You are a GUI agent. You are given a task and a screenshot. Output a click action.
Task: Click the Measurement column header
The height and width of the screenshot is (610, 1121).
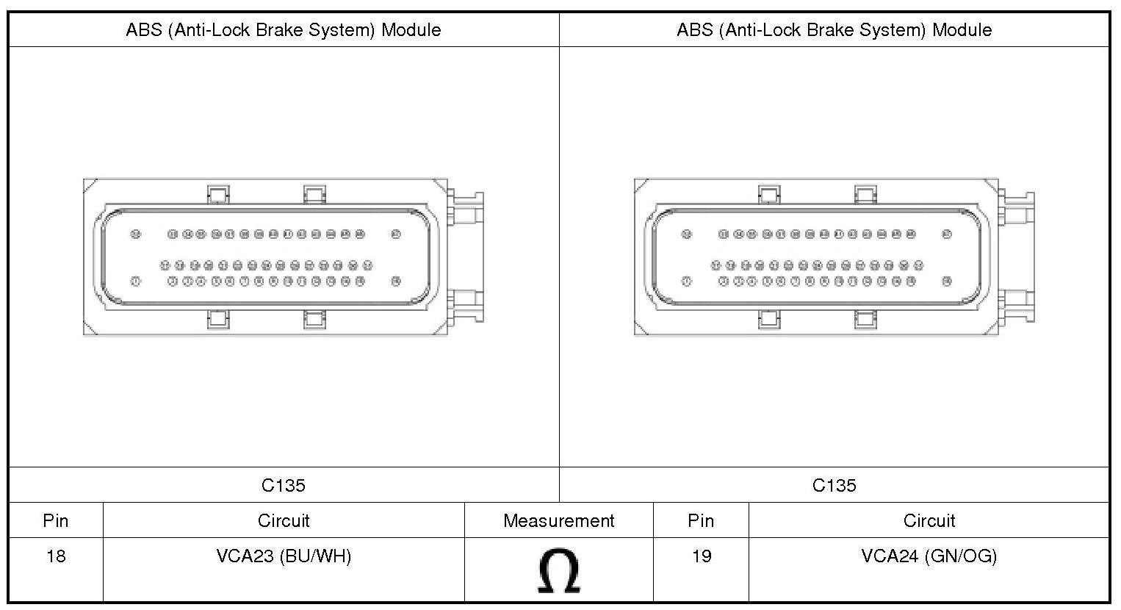point(558,521)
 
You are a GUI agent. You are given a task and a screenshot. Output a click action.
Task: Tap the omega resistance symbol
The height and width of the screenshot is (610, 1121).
point(558,570)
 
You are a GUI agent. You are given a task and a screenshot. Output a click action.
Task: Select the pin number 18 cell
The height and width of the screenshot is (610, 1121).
point(56,556)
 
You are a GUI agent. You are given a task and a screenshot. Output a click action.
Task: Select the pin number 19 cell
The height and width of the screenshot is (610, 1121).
point(701,556)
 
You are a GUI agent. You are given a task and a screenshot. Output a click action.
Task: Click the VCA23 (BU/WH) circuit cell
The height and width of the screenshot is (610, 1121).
point(284,556)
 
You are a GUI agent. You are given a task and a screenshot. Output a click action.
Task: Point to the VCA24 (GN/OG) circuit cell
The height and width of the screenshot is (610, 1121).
point(929,556)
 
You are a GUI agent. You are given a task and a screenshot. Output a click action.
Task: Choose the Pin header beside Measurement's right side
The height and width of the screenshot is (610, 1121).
point(701,521)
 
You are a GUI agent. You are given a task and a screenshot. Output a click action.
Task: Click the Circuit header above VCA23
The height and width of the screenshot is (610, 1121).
point(284,521)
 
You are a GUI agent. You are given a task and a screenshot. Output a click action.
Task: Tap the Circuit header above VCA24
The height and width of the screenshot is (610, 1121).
point(929,521)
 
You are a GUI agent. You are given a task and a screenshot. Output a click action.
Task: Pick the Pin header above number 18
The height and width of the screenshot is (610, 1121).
point(56,521)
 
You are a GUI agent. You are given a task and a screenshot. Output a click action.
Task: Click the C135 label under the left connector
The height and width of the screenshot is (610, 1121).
point(284,485)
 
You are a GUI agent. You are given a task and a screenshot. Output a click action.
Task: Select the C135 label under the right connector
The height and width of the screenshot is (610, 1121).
point(835,485)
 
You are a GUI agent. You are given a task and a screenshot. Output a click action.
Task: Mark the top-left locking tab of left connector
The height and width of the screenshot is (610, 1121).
point(218,195)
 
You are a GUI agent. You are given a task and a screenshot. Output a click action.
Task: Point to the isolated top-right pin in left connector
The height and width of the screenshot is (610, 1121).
point(396,234)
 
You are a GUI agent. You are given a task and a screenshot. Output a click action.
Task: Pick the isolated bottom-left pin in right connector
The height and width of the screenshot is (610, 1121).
point(686,281)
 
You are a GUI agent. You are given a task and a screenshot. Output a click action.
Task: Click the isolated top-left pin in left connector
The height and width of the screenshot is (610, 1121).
point(135,234)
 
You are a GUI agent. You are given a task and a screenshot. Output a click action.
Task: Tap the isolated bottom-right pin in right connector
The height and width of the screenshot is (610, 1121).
point(947,281)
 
